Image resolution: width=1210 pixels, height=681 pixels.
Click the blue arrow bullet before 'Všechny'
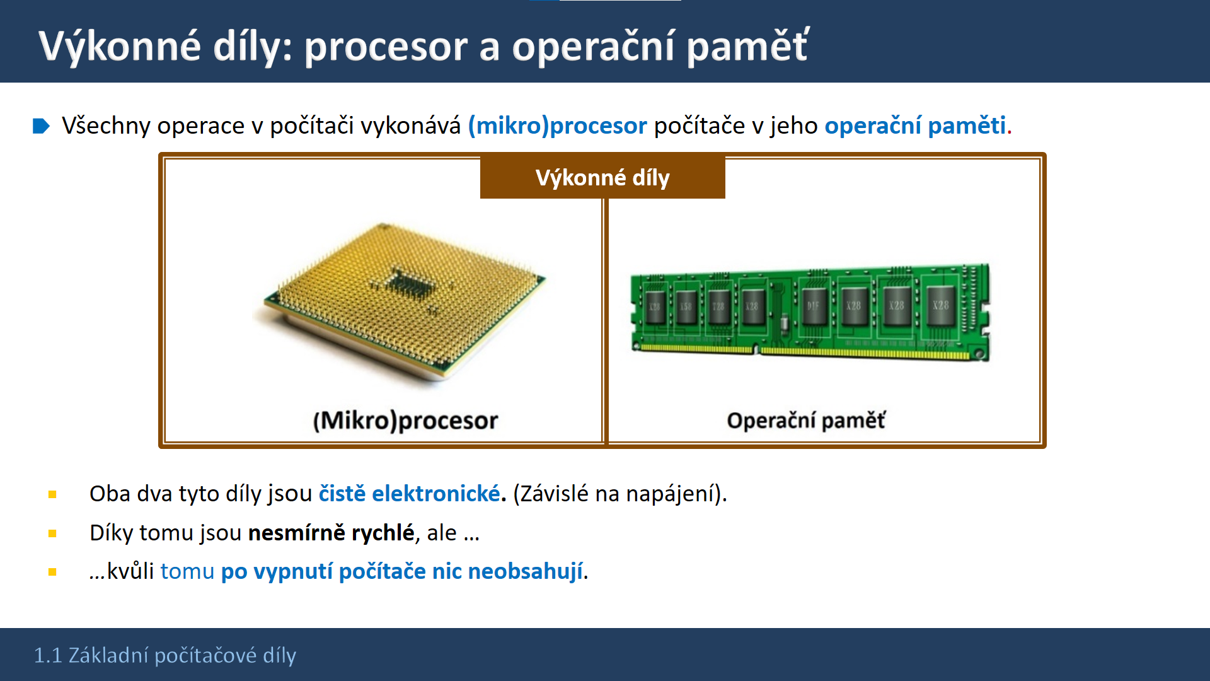pos(41,126)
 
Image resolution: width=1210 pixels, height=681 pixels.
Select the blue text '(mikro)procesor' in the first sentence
pos(557,126)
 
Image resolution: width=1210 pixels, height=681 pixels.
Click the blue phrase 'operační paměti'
pos(915,126)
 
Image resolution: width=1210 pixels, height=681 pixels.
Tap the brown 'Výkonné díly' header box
pos(602,177)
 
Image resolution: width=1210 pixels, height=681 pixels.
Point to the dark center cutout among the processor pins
pos(411,284)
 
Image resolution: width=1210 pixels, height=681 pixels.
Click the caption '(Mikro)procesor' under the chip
pos(405,421)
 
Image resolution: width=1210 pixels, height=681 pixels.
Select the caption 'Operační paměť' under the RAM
pos(806,421)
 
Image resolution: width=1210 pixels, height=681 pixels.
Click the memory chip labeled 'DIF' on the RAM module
pos(814,305)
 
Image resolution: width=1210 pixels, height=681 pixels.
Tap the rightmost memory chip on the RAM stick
pos(940,305)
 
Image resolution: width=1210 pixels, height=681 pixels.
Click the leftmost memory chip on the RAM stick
pos(655,306)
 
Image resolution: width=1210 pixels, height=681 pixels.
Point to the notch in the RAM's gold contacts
pos(757,349)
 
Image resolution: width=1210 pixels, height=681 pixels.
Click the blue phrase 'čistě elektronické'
pos(410,494)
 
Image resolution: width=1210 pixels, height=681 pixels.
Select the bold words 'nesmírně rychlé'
pos(331,533)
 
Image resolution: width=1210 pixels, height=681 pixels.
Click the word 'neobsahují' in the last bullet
pos(526,571)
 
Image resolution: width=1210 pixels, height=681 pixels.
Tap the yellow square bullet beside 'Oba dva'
pos(52,495)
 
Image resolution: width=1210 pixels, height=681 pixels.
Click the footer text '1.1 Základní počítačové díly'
pos(165,656)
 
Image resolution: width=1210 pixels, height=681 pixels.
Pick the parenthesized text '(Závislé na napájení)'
pos(620,494)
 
